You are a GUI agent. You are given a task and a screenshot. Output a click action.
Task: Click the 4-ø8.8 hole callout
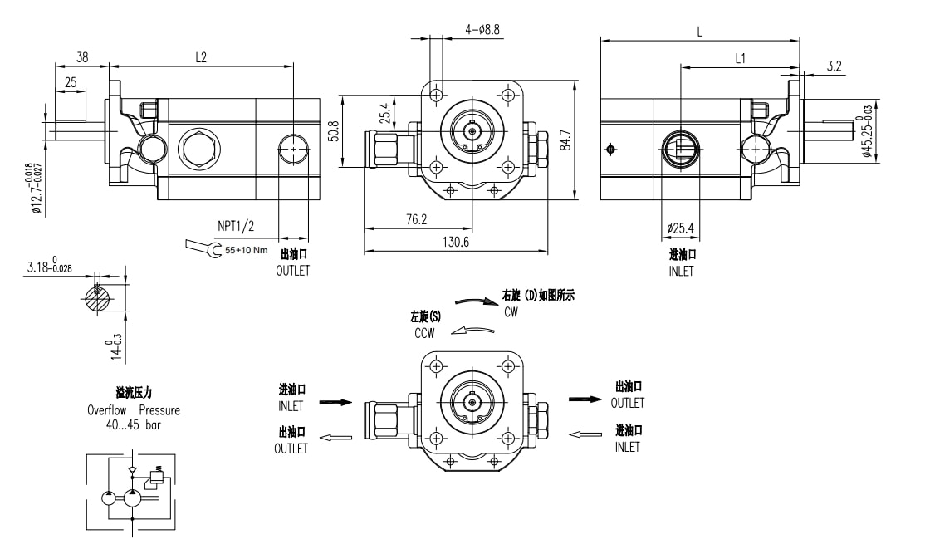pos(482,29)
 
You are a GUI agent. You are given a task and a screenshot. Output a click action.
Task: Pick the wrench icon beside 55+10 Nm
pos(203,246)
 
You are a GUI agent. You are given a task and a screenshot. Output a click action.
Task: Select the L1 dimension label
pos(741,58)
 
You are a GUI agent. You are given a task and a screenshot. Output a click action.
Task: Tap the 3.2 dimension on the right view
pos(834,66)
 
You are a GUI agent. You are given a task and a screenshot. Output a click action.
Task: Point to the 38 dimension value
pos(82,57)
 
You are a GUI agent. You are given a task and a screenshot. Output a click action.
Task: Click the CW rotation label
pos(511,312)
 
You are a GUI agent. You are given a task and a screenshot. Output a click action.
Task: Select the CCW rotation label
pos(426,332)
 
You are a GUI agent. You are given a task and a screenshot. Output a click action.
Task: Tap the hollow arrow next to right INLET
pos(586,433)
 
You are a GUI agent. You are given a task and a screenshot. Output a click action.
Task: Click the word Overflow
pos(112,410)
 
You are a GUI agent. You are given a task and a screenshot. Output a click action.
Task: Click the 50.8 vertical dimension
pos(334,131)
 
